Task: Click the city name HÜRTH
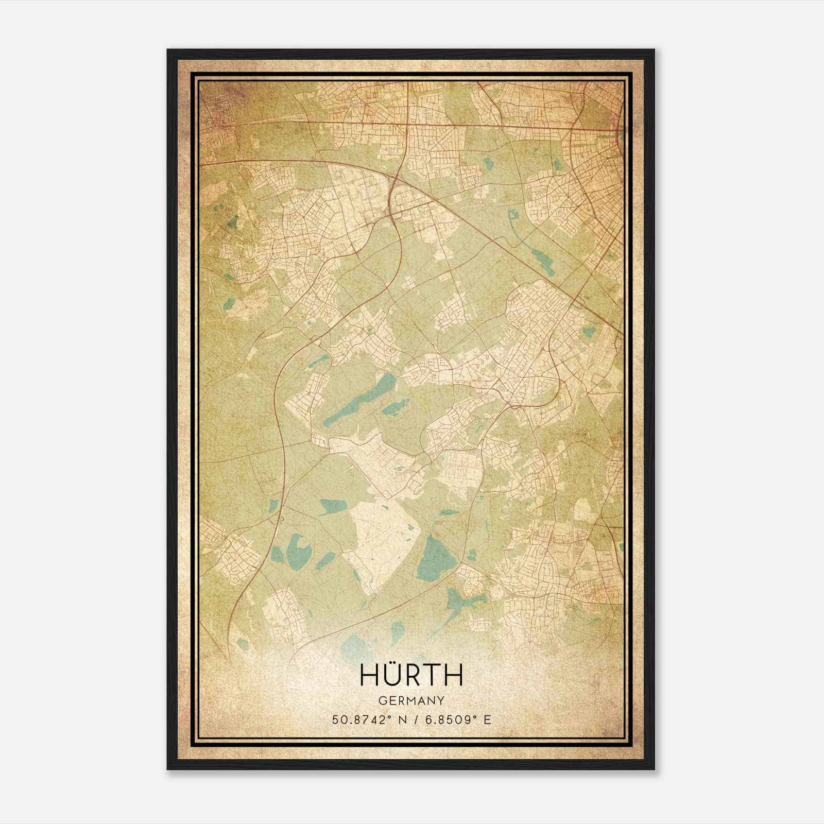[411, 675]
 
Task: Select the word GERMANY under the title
[411, 700]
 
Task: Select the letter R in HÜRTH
[412, 675]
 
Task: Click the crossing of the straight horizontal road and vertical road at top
[408, 124]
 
